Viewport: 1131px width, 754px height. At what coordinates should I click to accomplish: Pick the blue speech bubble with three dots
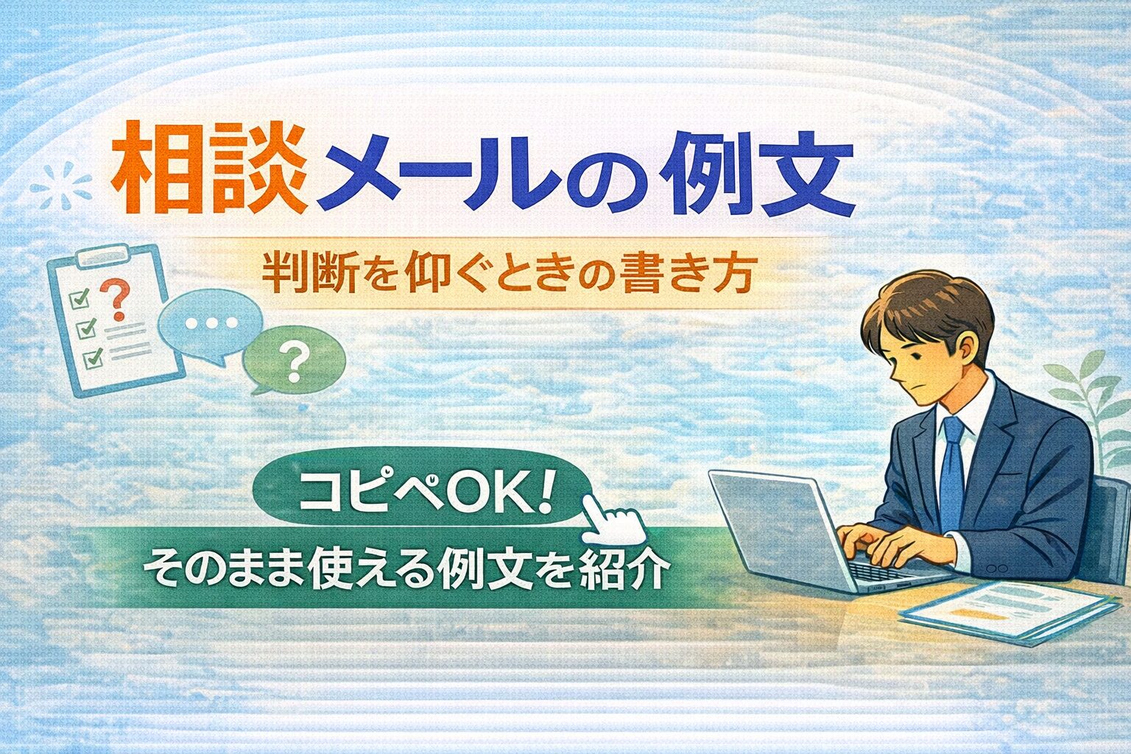click(x=211, y=325)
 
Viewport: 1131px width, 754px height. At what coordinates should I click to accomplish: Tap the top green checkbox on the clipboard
click(x=79, y=298)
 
